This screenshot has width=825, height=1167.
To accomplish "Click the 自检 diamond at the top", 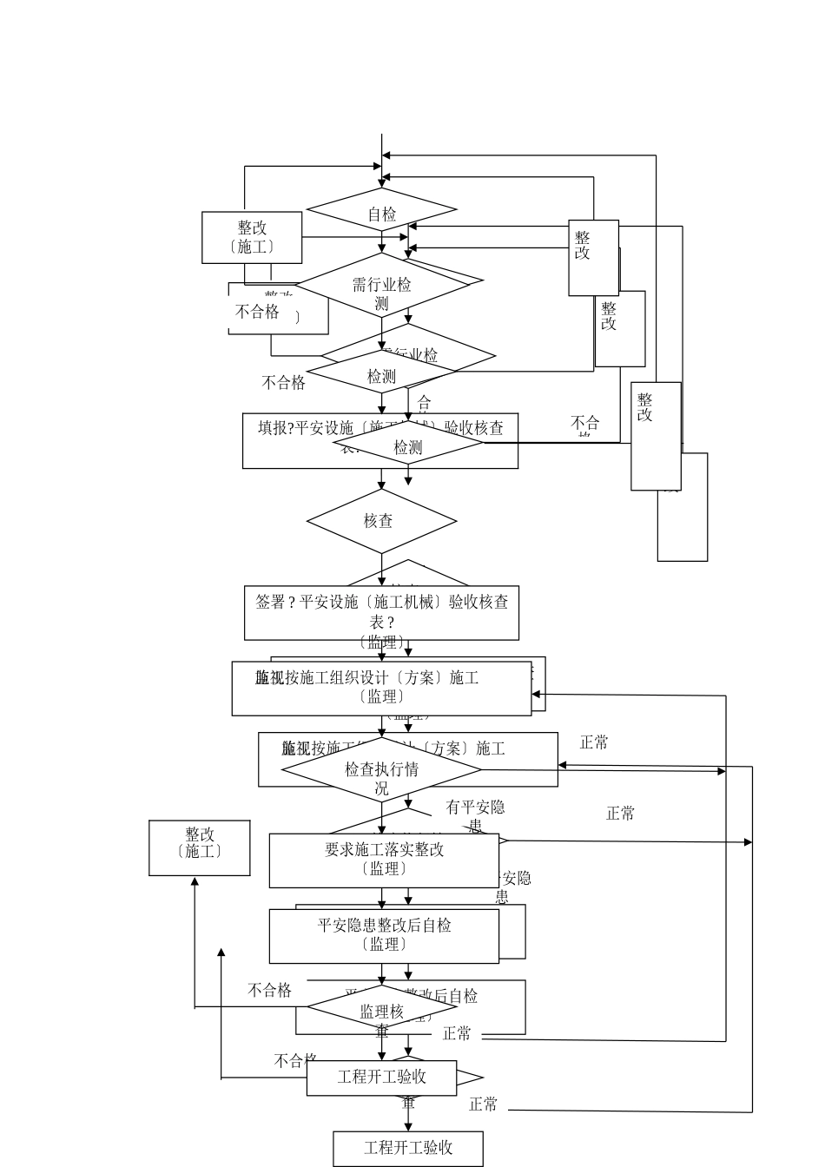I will [381, 213].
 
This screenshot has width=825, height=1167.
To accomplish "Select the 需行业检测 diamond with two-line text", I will [381, 292].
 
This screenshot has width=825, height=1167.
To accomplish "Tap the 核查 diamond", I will [381, 521].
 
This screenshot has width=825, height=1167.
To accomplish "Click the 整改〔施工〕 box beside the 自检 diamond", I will [252, 237].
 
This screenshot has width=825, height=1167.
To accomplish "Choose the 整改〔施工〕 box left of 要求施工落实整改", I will [200, 847].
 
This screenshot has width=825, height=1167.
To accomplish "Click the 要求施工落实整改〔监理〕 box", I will [383, 860].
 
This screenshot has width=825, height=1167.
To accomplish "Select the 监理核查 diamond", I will [381, 1011].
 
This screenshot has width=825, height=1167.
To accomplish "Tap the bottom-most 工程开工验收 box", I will [407, 1148].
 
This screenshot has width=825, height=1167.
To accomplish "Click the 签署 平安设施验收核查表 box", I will [381, 612].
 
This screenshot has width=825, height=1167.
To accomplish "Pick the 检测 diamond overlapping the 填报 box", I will [407, 447].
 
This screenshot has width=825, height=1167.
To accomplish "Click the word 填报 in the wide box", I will [275, 427].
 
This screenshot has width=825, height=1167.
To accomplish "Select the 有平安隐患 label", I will [475, 808].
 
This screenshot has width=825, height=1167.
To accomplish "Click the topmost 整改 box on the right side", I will [593, 257].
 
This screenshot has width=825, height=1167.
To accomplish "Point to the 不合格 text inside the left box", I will [258, 312].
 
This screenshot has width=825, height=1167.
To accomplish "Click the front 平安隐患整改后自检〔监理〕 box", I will [383, 935].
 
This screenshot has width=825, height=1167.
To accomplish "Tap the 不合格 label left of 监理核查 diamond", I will [269, 991].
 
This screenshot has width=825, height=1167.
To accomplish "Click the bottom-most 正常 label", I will [483, 1104].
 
